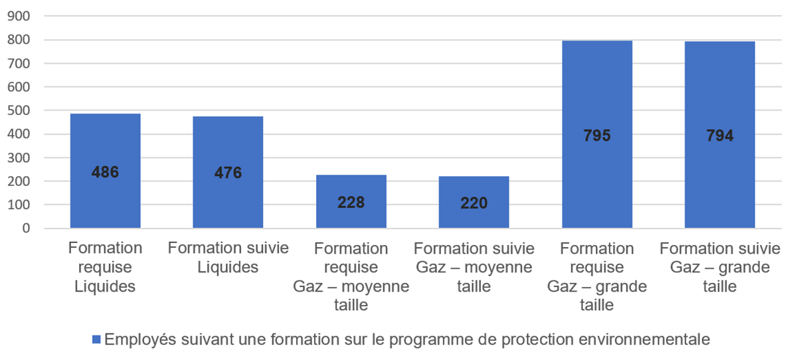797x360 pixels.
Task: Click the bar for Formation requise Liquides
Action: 105,199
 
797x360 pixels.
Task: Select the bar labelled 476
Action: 228,199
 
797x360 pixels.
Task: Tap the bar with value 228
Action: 351,213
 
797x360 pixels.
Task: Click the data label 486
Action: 105,172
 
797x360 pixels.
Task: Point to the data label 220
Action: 474,203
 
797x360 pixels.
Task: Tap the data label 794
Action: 719,135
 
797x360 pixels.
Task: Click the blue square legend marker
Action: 96,339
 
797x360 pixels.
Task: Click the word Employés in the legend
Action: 134,339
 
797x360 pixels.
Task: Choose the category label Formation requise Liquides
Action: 105,267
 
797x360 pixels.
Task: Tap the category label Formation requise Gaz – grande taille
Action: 596,276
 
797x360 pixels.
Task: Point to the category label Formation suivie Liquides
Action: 228,258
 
